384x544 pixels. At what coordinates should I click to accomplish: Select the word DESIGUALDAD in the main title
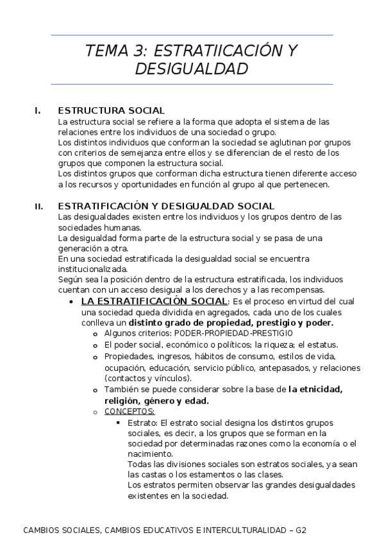coord(192,69)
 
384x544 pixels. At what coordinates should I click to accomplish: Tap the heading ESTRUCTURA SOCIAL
coord(111,110)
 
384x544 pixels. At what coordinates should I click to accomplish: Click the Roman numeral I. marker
coord(38,110)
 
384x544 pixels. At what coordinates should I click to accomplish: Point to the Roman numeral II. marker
coord(39,207)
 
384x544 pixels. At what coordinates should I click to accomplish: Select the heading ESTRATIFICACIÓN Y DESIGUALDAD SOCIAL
coord(166,207)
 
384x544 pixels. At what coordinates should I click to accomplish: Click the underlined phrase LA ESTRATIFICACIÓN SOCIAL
coord(154,302)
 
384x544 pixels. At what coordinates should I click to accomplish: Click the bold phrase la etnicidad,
coord(315,389)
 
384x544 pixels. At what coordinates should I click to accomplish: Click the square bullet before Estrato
coord(119,423)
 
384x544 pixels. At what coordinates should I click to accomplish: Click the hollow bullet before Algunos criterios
coord(95,334)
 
